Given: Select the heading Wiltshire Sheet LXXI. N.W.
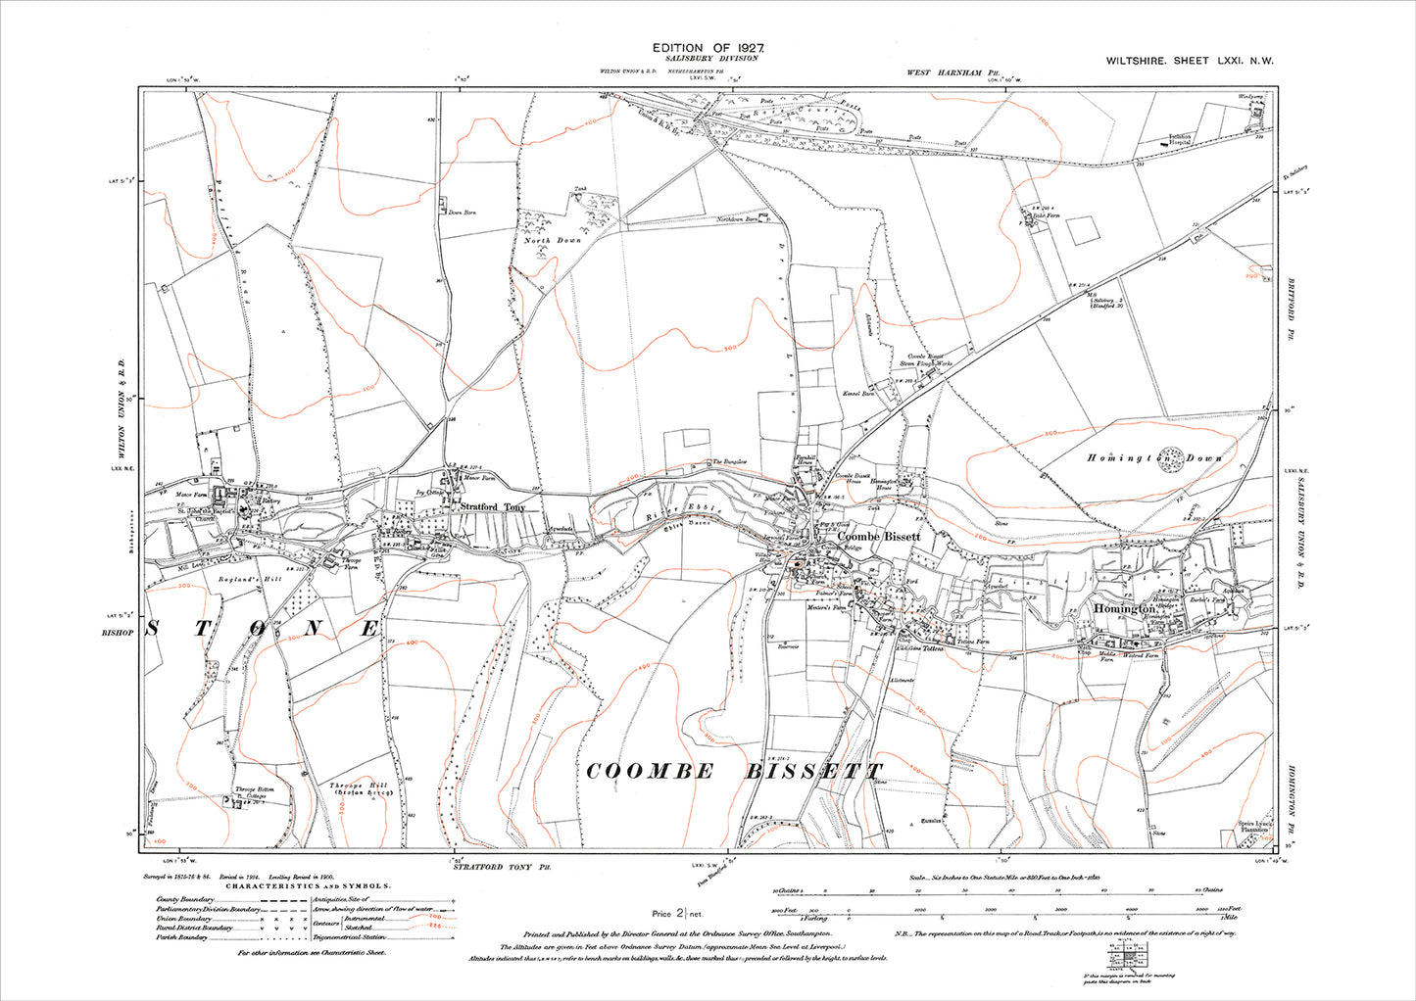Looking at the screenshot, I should (x=1190, y=61).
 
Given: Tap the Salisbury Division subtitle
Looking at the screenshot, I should (x=708, y=59).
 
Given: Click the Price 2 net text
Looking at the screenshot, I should (x=675, y=913).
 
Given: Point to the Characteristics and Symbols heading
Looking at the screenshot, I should (x=311, y=885).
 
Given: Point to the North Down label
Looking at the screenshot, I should (x=552, y=240).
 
